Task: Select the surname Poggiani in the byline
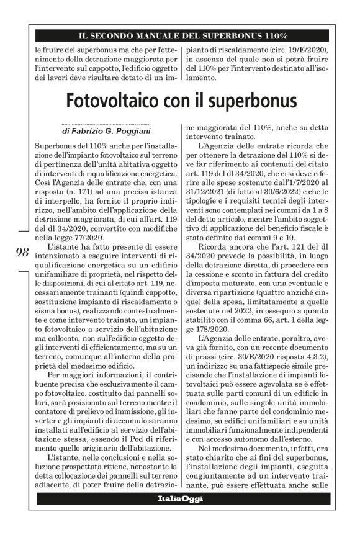pyautogui.click(x=145, y=132)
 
